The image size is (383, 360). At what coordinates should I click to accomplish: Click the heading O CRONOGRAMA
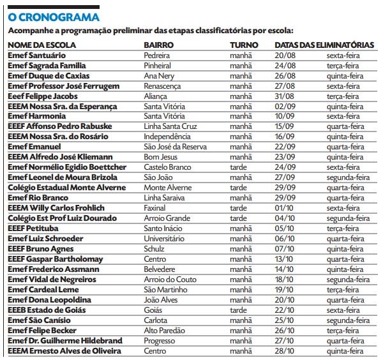coord(54,17)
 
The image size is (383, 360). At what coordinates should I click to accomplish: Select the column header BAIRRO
coord(160,45)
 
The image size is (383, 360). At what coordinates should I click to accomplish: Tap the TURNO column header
coord(244,45)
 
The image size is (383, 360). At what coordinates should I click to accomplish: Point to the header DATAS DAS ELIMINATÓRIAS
coord(324,45)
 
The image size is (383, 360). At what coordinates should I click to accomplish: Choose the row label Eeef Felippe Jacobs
coord(42,96)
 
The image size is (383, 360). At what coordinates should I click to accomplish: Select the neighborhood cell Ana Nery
coord(159,76)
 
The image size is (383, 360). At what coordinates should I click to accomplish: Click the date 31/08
coord(283,96)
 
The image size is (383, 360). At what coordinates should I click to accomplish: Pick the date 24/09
coord(283,167)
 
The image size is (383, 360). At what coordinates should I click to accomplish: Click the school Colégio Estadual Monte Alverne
coord(67,188)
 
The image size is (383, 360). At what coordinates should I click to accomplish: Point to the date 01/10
coord(283,208)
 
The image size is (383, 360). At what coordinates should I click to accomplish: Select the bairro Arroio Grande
coord(168,218)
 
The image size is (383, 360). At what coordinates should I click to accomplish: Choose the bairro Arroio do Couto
coord(170,280)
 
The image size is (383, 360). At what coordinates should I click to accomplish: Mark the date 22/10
coord(283,310)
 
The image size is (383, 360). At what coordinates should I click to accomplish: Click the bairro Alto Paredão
coord(165,331)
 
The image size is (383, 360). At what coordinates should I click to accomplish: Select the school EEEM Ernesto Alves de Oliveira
coord(64,351)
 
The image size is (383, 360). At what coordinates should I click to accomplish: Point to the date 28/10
coord(283,351)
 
